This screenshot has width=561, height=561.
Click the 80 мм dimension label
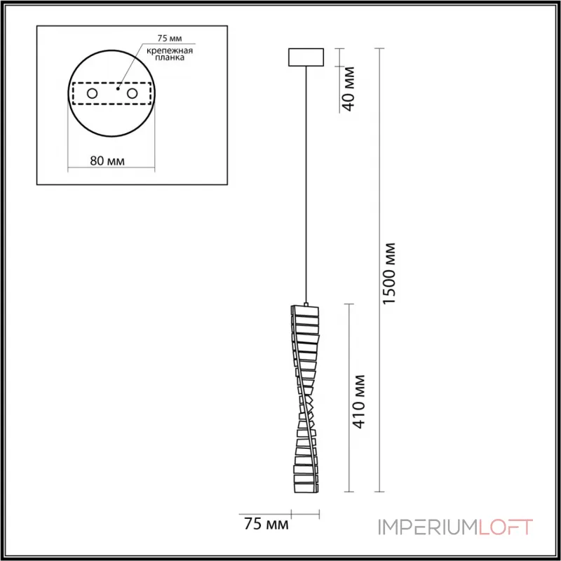pyautogui.click(x=107, y=161)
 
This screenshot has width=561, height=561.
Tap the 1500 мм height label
pyautogui.click(x=389, y=273)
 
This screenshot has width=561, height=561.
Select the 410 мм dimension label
pyautogui.click(x=358, y=401)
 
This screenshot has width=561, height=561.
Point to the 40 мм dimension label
pyautogui.click(x=348, y=89)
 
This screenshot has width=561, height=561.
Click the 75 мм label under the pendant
pyautogui.click(x=266, y=524)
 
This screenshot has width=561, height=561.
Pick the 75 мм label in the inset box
pyautogui.click(x=170, y=39)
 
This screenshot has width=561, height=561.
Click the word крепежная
pyautogui.click(x=170, y=50)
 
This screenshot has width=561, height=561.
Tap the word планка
pyautogui.click(x=170, y=58)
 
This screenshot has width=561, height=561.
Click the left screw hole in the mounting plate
pyautogui.click(x=92, y=94)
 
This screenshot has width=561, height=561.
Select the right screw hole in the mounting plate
pyautogui.click(x=132, y=94)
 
